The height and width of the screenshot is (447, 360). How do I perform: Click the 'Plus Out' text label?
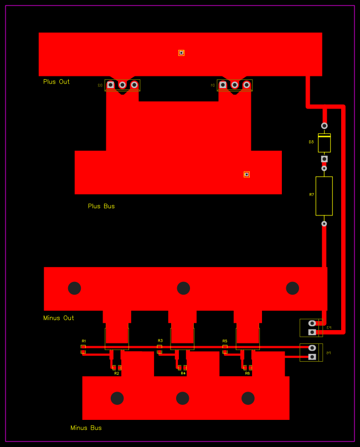click(56, 82)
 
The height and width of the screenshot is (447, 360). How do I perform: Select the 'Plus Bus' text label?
click(101, 206)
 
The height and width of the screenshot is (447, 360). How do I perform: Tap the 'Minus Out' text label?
click(59, 318)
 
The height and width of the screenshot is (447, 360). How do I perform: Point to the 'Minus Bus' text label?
click(86, 428)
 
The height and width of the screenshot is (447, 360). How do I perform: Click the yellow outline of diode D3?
click(324, 143)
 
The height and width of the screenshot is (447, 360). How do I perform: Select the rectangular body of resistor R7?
click(324, 196)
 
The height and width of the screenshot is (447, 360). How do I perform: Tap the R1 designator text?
click(84, 341)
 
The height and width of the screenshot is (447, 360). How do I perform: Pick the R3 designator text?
click(160, 341)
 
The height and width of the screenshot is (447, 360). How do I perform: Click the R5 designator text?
click(225, 341)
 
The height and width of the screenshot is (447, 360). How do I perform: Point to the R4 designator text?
click(183, 373)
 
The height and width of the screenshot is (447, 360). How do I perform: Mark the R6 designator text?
click(248, 373)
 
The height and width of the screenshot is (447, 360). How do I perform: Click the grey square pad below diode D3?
click(324, 159)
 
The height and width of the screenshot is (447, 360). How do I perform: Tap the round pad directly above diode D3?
click(324, 126)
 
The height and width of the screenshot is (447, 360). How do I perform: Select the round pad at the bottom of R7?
click(324, 224)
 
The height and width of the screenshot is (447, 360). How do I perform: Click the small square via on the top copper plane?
click(181, 53)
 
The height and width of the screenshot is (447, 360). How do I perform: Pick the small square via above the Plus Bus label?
click(246, 174)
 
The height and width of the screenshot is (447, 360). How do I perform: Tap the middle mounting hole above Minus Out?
click(183, 288)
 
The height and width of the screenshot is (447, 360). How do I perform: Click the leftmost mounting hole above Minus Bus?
click(117, 398)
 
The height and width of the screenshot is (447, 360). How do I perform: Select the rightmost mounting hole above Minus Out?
click(292, 288)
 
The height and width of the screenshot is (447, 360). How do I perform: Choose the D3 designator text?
click(311, 142)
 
